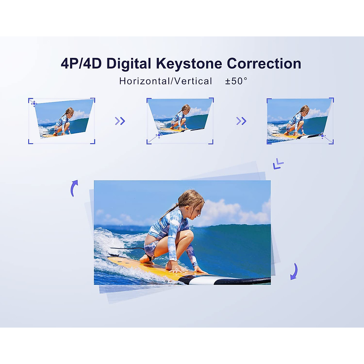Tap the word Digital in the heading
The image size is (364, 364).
tap(129, 64)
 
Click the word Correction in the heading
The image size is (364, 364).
tap(264, 64)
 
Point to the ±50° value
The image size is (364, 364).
tap(236, 81)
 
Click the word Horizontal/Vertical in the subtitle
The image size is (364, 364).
tap(166, 81)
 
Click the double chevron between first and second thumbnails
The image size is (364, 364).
tap(120, 121)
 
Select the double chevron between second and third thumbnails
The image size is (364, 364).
tap(241, 121)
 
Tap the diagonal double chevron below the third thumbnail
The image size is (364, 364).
tap(278, 164)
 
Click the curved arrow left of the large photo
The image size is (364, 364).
tap(74, 188)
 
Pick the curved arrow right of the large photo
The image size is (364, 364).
tap(294, 271)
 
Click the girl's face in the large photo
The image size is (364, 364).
tap(197, 209)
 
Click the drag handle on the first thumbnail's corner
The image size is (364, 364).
tap(34, 104)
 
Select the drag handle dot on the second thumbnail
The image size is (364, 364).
tap(159, 135)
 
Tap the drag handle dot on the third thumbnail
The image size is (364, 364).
tap(322, 136)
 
